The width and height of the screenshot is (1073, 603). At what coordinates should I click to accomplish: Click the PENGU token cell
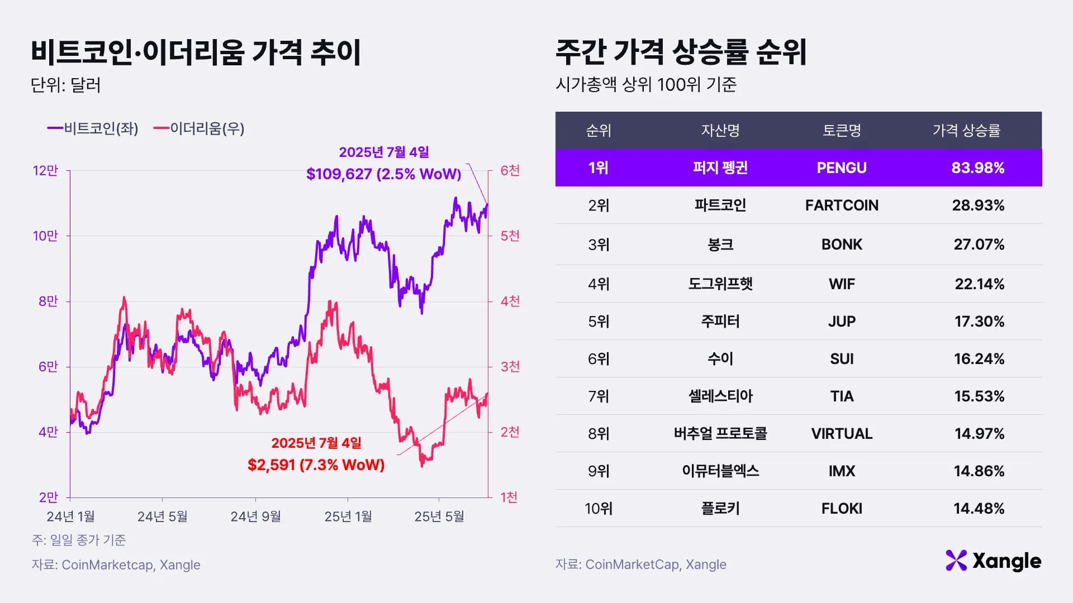click(841, 167)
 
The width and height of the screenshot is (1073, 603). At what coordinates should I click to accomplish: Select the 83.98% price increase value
click(977, 167)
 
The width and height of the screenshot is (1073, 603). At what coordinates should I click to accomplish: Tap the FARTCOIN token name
click(841, 205)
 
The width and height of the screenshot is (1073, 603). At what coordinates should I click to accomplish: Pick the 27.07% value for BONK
click(979, 245)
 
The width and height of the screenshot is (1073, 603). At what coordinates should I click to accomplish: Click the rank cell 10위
click(599, 509)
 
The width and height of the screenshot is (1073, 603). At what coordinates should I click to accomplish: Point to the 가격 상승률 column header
click(966, 131)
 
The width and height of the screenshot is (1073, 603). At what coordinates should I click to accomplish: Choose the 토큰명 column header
click(841, 131)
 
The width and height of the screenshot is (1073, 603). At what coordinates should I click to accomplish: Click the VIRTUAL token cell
click(841, 434)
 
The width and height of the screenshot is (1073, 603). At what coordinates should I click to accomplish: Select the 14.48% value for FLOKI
click(979, 509)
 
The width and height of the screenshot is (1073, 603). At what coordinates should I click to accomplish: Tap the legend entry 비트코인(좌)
click(93, 128)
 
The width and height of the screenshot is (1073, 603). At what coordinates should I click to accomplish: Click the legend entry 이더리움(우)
click(200, 128)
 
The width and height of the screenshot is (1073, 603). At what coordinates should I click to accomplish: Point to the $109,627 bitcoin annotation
click(383, 174)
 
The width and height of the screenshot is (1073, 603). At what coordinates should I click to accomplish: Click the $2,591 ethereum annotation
click(316, 465)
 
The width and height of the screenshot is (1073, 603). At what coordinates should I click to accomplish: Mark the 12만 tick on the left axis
click(45, 171)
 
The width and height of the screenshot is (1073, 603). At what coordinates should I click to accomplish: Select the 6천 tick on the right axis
click(510, 171)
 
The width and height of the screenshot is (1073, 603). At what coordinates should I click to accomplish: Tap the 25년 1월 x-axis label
click(348, 516)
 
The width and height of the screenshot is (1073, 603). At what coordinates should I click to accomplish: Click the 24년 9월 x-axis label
click(255, 516)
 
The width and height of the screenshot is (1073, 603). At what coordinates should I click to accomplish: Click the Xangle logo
click(993, 561)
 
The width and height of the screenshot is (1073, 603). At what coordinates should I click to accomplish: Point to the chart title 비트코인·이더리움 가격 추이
click(196, 52)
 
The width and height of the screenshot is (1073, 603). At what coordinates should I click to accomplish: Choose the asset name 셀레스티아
click(720, 396)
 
